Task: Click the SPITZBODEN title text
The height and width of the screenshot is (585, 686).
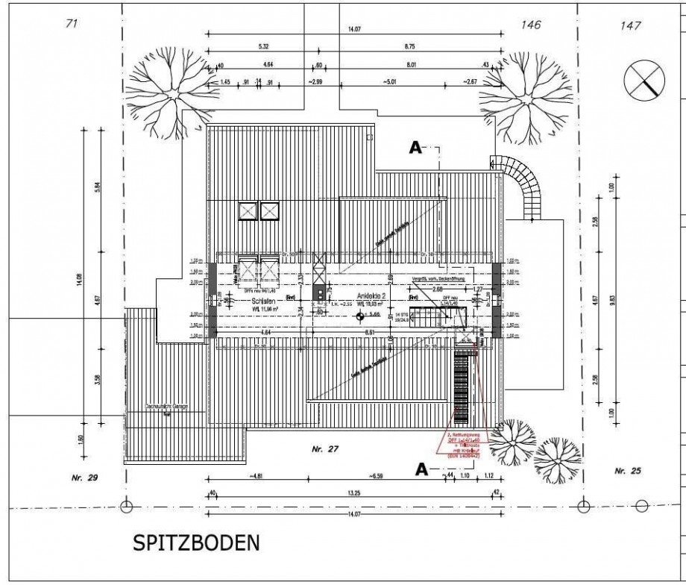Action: coord(197,542)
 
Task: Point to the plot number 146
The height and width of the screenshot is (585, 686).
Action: coord(530,25)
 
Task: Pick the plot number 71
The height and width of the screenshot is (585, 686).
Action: coord(72,24)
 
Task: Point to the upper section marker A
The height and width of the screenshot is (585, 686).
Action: coord(416,148)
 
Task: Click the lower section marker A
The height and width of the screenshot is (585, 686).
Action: coord(421,469)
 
